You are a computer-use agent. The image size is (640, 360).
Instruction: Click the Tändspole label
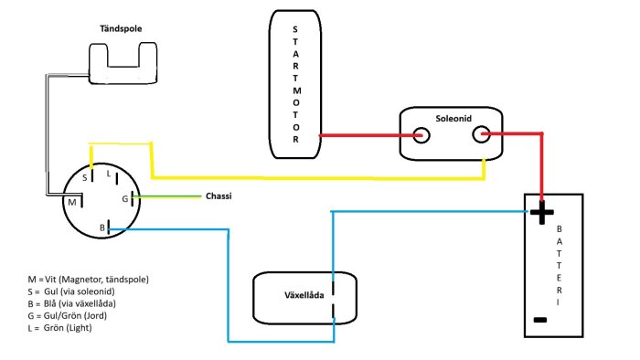121,28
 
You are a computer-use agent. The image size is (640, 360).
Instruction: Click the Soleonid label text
453,119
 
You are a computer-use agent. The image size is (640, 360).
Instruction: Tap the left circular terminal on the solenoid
421,135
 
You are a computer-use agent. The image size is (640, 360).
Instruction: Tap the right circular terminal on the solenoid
481,134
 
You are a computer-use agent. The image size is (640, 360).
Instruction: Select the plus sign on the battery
541,212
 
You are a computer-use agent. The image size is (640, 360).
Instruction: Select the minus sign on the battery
540,320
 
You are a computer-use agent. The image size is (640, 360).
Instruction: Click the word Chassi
219,196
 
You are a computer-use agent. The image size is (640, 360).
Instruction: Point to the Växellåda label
304,295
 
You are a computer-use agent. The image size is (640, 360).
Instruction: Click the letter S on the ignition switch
85,178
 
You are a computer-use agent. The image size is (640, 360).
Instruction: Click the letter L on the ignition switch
109,174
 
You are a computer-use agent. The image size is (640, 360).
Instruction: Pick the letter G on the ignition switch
125,199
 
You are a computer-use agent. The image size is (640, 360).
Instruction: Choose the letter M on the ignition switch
72,202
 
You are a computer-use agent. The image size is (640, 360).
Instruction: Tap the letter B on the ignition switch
102,228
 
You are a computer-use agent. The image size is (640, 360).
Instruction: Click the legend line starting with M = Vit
88,280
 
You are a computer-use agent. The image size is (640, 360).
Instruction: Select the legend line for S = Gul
71,291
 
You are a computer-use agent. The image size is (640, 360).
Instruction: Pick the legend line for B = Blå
72,303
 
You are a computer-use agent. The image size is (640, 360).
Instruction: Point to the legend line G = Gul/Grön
68,315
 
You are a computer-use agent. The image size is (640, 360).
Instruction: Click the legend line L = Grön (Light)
60,328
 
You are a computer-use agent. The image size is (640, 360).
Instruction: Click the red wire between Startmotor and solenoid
369,135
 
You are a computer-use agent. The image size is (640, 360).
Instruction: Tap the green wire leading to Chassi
167,196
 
